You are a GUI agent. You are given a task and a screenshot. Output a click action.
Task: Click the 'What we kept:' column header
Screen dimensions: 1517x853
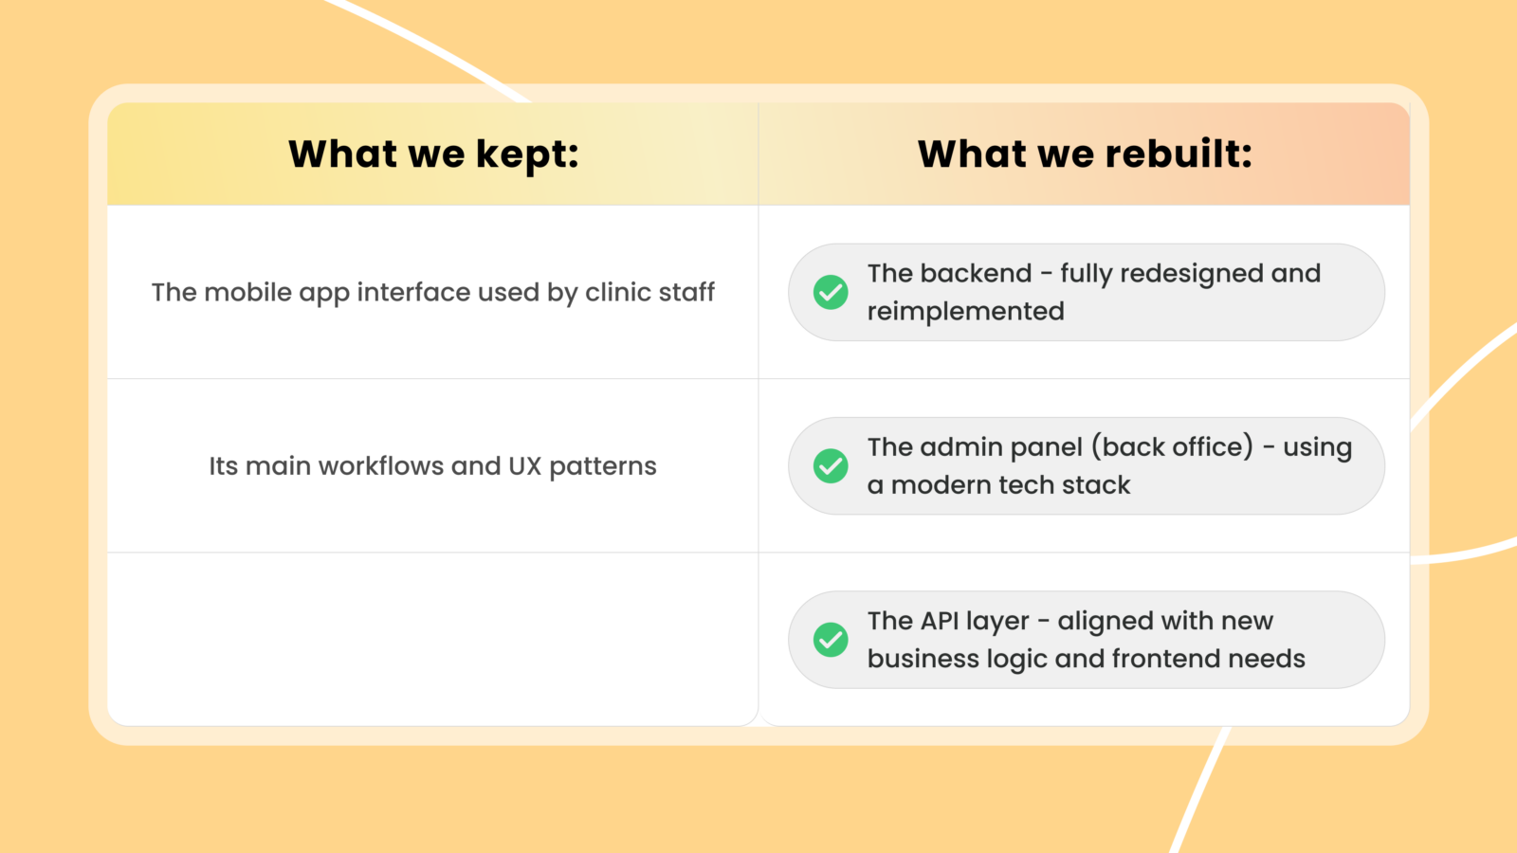click(433, 154)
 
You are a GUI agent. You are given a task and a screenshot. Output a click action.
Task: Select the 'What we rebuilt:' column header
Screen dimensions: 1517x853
click(1085, 154)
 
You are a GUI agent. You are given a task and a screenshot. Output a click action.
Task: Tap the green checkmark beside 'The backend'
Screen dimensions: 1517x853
click(831, 293)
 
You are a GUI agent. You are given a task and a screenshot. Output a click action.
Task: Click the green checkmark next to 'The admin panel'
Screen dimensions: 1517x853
click(831, 465)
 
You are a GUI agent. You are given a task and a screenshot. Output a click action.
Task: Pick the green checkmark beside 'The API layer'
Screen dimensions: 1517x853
click(831, 640)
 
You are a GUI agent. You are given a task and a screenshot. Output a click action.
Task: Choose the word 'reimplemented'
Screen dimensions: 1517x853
click(966, 312)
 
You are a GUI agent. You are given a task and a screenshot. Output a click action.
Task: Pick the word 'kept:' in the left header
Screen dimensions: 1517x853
click(527, 154)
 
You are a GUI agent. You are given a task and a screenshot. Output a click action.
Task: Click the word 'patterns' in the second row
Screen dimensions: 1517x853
click(603, 467)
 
